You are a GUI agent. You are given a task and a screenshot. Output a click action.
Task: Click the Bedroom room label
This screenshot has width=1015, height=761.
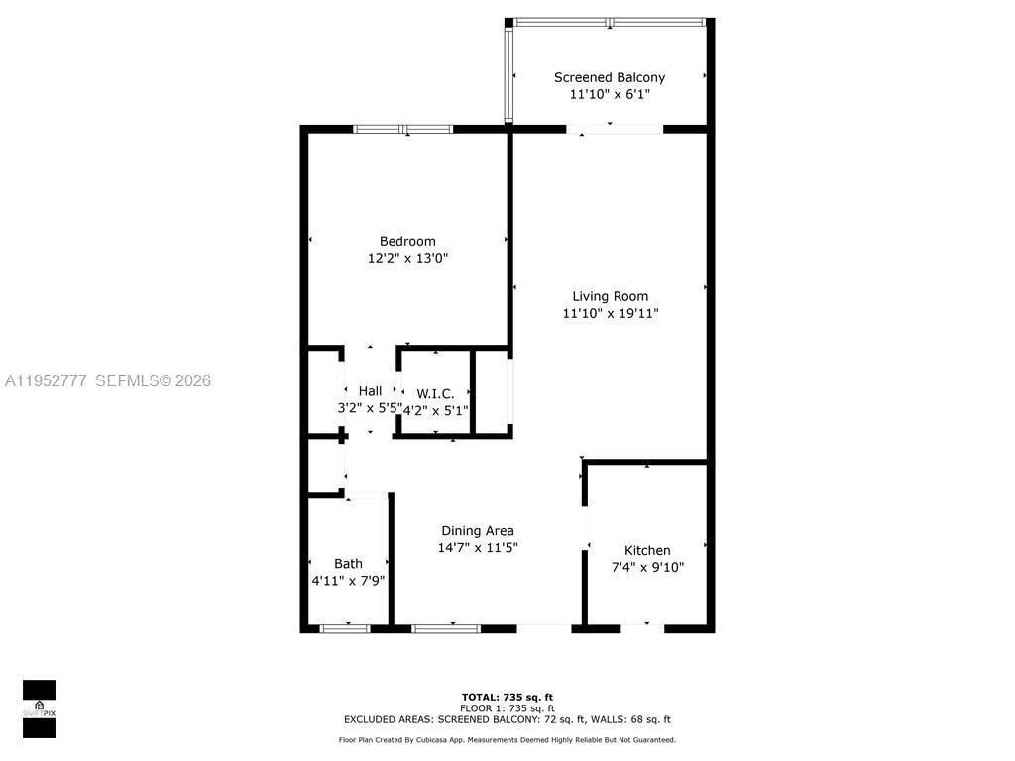pyautogui.click(x=407, y=241)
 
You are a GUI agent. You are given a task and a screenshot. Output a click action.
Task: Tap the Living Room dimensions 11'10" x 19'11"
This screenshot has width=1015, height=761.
pyautogui.click(x=610, y=313)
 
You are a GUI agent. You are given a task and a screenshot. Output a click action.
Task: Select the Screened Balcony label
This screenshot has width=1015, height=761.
pyautogui.click(x=610, y=77)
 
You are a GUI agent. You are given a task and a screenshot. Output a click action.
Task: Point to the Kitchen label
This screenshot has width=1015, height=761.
pyautogui.click(x=647, y=550)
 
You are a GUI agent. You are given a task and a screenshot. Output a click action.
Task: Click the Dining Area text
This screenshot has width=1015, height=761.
pyautogui.click(x=478, y=530)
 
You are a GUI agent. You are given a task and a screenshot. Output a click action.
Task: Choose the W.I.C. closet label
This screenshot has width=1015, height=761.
pyautogui.click(x=435, y=393)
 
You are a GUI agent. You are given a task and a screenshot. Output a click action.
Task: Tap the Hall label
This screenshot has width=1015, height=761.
pyautogui.click(x=370, y=391)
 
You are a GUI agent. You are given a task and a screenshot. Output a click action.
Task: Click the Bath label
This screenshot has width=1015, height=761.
pyautogui.click(x=348, y=563)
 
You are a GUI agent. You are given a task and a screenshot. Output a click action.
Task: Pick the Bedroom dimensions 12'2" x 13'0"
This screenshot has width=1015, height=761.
pyautogui.click(x=407, y=258)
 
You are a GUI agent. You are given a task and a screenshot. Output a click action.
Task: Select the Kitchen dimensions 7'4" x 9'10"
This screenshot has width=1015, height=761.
pyautogui.click(x=647, y=568)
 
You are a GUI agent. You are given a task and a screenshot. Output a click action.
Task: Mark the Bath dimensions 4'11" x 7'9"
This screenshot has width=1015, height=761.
pyautogui.click(x=348, y=581)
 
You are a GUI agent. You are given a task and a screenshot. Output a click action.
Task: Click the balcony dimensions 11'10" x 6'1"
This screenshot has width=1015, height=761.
pyautogui.click(x=610, y=94)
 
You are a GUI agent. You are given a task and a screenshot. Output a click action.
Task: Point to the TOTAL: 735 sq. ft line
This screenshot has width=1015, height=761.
pyautogui.click(x=507, y=696)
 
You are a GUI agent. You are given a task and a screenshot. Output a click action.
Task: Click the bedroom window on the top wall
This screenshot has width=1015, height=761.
pyautogui.click(x=403, y=129)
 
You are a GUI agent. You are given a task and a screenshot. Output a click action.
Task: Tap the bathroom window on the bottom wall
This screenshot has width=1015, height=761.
pyautogui.click(x=345, y=628)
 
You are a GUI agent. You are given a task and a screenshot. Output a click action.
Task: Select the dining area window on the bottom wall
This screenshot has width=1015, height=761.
pyautogui.click(x=446, y=628)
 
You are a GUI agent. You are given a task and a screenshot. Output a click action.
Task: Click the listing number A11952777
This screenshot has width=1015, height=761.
pyautogui.click(x=46, y=380)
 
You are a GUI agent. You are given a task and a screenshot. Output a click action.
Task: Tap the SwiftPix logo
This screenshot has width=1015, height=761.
pyautogui.click(x=39, y=708)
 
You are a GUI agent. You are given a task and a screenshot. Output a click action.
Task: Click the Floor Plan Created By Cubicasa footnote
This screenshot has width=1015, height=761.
pyautogui.click(x=507, y=739)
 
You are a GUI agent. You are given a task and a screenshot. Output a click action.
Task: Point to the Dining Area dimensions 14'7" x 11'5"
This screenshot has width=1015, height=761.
pyautogui.click(x=478, y=547)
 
